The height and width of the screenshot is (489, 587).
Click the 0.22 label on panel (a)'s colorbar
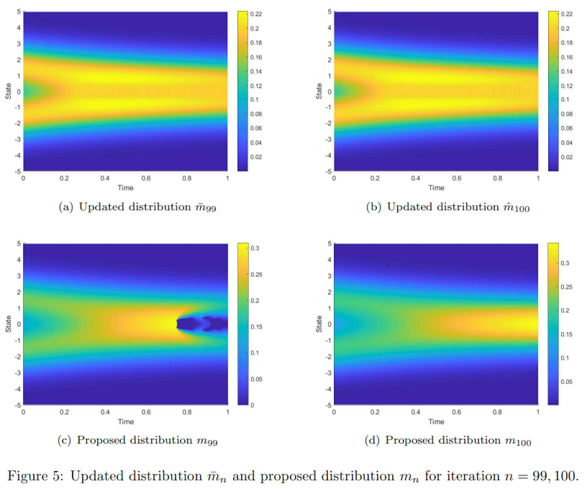click(x=256, y=14)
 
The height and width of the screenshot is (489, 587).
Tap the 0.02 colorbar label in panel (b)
click(x=567, y=157)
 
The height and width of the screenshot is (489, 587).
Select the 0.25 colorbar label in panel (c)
click(x=256, y=274)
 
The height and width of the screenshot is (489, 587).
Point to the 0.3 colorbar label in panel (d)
click(x=565, y=263)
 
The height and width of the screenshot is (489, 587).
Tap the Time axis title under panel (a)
click(x=126, y=188)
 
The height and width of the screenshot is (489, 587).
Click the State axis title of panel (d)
click(x=319, y=324)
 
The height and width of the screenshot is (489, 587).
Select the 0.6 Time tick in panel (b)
click(x=456, y=178)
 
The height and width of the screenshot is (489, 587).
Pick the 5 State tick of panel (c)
click(x=19, y=244)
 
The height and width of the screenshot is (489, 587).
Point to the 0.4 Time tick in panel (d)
click(x=415, y=412)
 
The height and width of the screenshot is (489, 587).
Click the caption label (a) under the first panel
click(x=66, y=207)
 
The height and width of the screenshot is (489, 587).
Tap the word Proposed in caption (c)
click(x=101, y=440)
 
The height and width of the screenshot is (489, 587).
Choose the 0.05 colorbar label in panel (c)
click(x=256, y=379)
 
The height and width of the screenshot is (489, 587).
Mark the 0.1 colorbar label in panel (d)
click(x=565, y=358)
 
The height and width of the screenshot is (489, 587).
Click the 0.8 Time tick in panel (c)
click(x=187, y=412)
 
